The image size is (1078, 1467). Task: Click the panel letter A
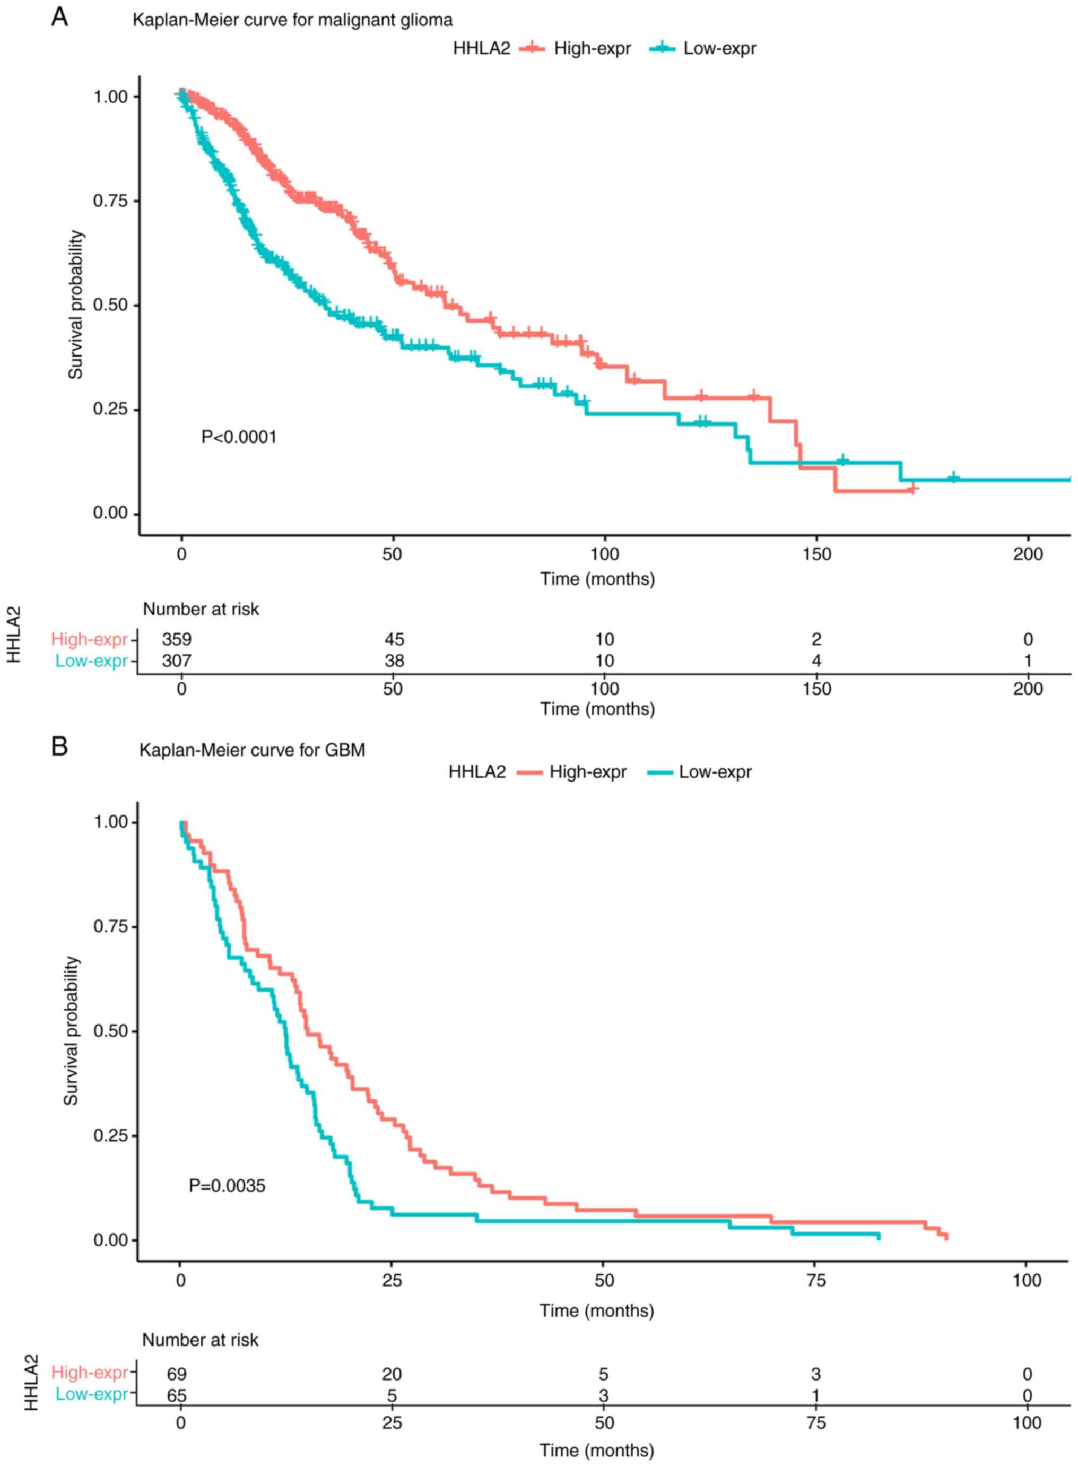point(59,17)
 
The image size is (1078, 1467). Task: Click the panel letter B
point(59,746)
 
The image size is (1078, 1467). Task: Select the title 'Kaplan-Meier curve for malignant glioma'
point(292,20)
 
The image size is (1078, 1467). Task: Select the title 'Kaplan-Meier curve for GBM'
point(252,750)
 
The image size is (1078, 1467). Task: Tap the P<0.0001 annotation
point(239,437)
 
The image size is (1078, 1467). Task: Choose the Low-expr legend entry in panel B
point(715,772)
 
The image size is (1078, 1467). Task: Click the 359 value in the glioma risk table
point(177,639)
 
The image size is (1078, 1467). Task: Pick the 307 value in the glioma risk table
point(177,661)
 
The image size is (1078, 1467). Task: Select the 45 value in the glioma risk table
point(394,639)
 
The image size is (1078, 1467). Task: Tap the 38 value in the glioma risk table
point(394,661)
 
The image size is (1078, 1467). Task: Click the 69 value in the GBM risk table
point(177,1374)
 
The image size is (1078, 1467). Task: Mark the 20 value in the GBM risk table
point(392,1374)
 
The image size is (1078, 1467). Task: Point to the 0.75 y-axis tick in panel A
point(110,201)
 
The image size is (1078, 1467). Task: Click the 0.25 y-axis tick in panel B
point(110,1136)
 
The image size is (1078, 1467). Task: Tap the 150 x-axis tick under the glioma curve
point(816,554)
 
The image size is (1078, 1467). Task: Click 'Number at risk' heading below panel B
point(201,1340)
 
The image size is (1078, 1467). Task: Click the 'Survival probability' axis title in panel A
point(76,304)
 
